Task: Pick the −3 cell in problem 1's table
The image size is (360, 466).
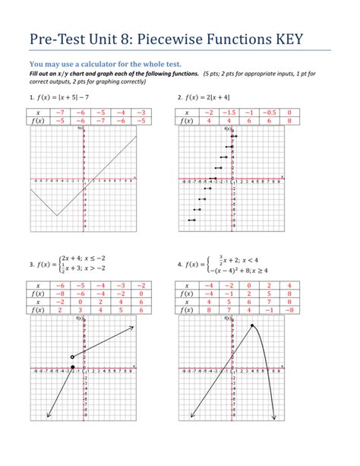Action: [139, 113]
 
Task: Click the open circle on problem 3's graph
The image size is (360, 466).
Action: [72, 357]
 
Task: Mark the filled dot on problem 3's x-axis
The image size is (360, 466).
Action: [72, 367]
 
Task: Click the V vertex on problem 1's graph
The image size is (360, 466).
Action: [56, 216]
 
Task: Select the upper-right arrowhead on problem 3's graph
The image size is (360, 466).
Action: [133, 328]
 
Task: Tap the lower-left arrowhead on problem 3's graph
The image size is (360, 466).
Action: [48, 415]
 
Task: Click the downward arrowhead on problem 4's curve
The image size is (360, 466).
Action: [272, 415]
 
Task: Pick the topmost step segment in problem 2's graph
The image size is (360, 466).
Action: [235, 137]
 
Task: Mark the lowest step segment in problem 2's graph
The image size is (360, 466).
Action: [192, 220]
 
